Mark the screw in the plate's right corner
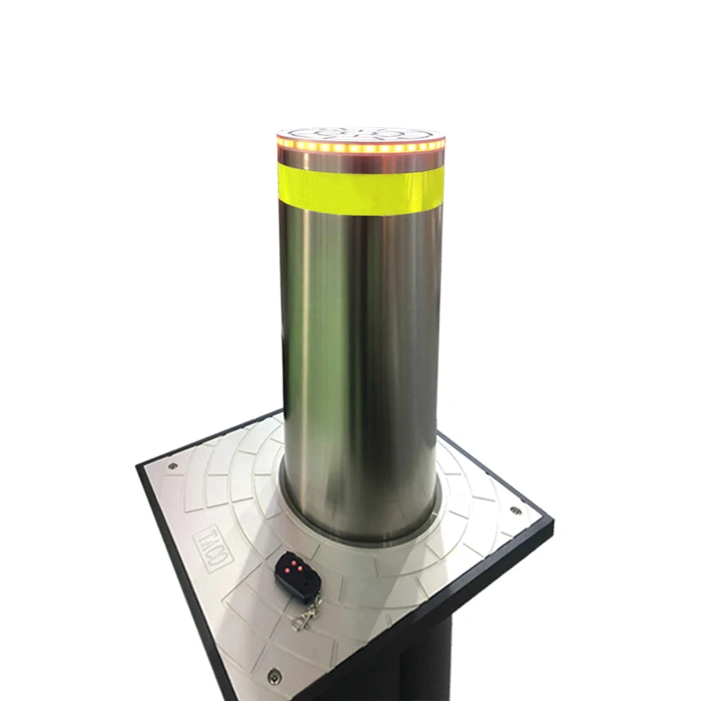point(513,507)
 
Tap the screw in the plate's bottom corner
point(273,675)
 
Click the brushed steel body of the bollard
point(368,350)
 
